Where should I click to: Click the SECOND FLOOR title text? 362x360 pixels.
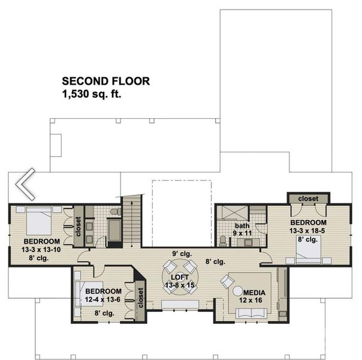105,81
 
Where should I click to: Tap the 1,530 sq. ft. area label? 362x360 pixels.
90,94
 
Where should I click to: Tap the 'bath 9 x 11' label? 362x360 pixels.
242,229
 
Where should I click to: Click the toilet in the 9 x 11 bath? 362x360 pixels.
223,240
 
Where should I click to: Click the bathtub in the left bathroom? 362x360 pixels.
114,231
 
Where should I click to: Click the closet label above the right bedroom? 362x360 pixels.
307,199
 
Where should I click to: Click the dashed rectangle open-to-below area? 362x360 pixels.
182,212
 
